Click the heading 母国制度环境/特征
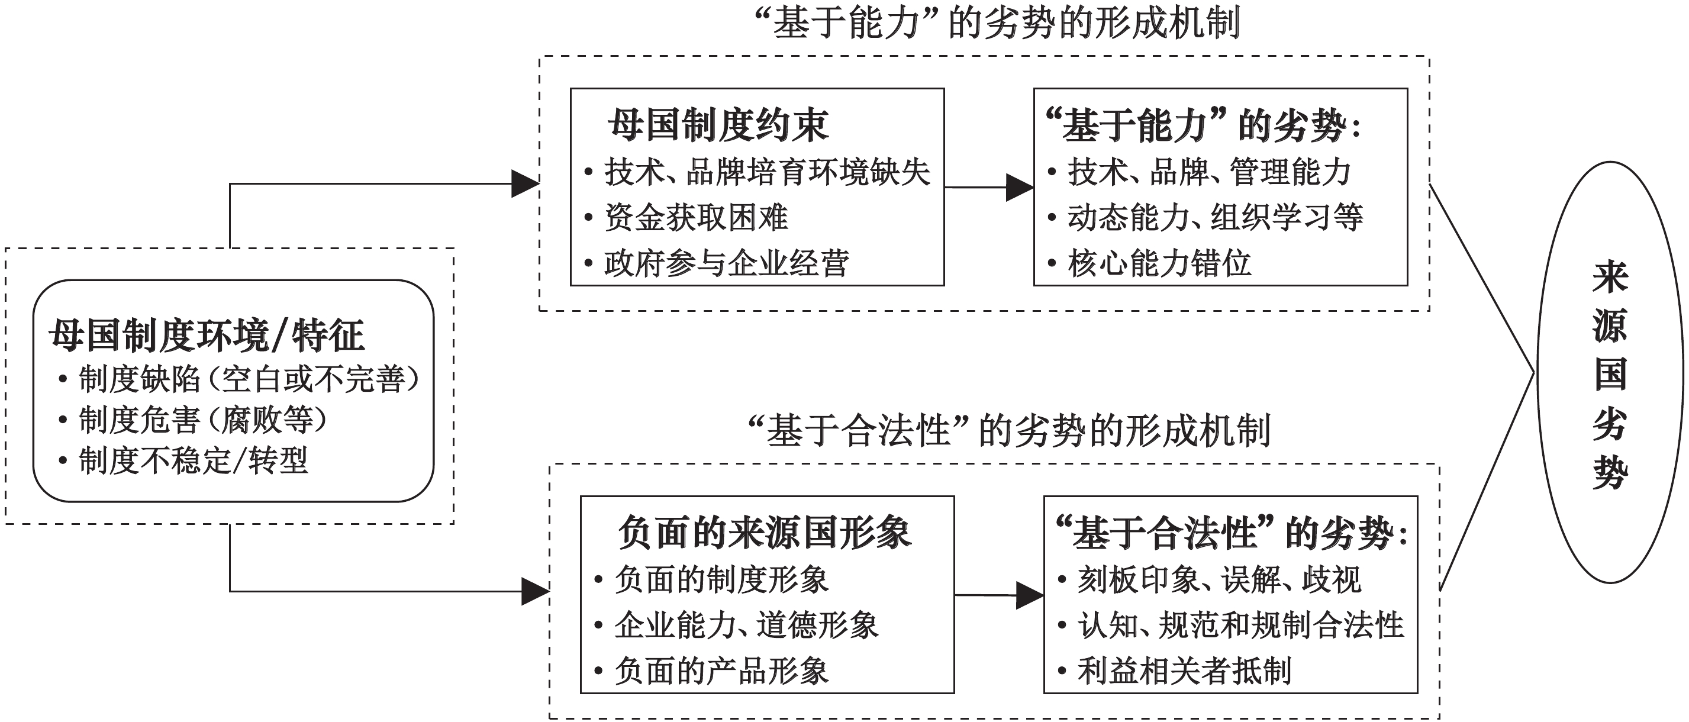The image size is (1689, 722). click(x=207, y=336)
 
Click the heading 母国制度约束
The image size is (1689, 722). click(x=718, y=125)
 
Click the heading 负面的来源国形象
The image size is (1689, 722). click(x=765, y=533)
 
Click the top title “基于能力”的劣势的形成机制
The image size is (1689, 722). click(x=997, y=24)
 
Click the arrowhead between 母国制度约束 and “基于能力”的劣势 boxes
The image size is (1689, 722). click(x=1020, y=188)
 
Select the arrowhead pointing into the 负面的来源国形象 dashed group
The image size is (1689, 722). click(x=535, y=591)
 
